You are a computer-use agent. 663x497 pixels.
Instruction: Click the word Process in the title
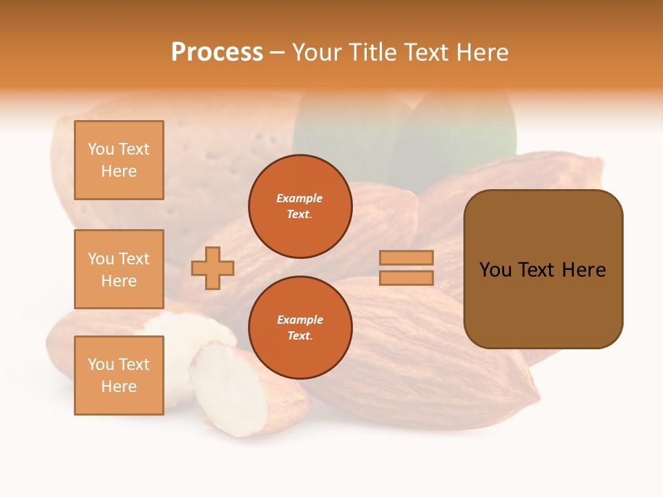[x=217, y=52]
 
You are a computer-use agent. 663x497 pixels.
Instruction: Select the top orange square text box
[x=119, y=160]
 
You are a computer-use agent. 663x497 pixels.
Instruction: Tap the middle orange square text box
[x=119, y=269]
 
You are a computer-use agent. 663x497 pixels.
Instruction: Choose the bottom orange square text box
[x=119, y=375]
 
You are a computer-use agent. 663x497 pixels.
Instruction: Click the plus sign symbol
[x=213, y=268]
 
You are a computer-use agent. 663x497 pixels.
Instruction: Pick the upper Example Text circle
[x=300, y=206]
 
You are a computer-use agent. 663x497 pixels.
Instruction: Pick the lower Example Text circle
[x=300, y=328]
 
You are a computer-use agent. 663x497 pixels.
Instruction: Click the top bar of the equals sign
[x=406, y=258]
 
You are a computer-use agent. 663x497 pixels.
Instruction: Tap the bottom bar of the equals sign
[x=406, y=277]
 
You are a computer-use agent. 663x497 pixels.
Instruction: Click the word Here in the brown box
[x=584, y=270]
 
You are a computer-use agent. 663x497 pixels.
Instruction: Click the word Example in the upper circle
[x=300, y=198]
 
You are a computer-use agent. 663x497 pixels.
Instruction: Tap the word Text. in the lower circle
[x=300, y=336]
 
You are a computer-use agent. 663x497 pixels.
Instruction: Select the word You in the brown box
[x=495, y=270]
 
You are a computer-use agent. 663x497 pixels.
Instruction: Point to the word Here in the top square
[x=119, y=171]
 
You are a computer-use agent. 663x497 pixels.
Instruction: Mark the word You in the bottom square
[x=101, y=364]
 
